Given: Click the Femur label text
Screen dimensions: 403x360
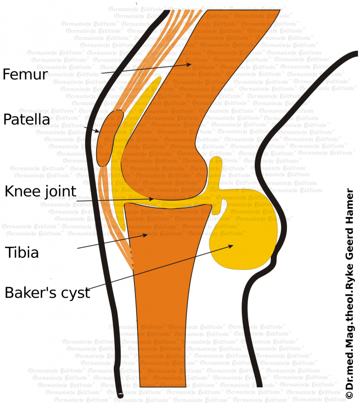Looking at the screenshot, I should pyautogui.click(x=25, y=75).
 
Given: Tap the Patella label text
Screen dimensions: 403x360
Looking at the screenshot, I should pyautogui.click(x=26, y=120).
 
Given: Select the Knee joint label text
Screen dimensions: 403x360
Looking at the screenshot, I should pyautogui.click(x=40, y=191).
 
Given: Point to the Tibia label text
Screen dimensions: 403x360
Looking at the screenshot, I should pyautogui.click(x=22, y=252).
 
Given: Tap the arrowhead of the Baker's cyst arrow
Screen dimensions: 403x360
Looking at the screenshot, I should pyautogui.click(x=233, y=245).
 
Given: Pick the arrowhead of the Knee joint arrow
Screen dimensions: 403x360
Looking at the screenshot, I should pyautogui.click(x=154, y=198).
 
